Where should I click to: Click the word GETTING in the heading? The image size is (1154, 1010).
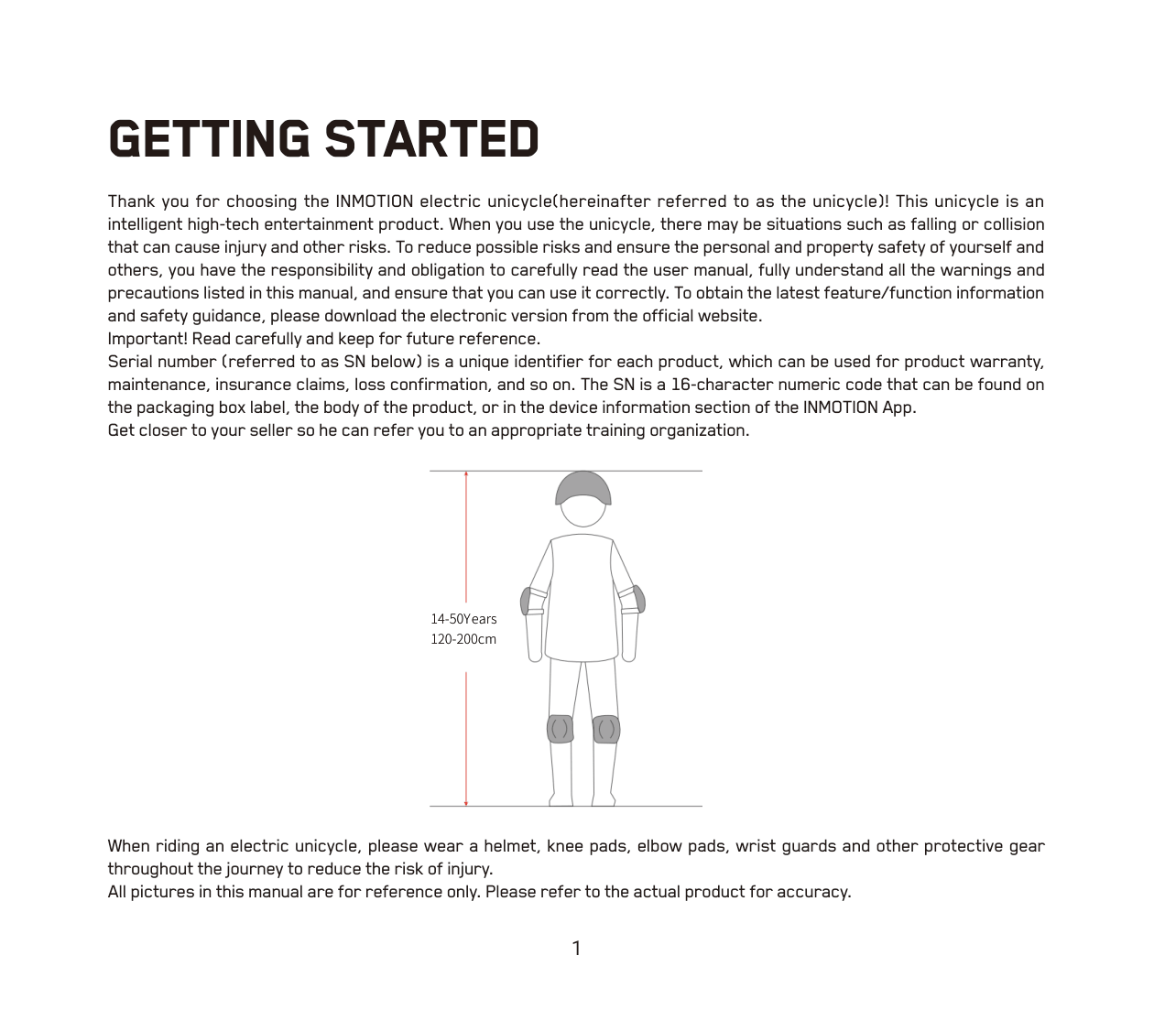tap(209, 139)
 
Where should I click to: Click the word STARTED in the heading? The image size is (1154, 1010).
tap(431, 139)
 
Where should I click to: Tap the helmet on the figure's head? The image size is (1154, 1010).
tap(582, 488)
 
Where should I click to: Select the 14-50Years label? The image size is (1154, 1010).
tap(463, 619)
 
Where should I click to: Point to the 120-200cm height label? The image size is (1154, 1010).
tap(463, 639)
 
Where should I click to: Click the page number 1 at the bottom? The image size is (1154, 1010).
tap(576, 949)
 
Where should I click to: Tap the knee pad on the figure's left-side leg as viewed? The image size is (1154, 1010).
tap(560, 729)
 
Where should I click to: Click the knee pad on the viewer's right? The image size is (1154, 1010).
tap(606, 729)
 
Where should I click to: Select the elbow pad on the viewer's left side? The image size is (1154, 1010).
tap(527, 601)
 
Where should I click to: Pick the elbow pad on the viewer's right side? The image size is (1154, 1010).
tap(638, 599)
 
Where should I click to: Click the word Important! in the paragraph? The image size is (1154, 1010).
tap(147, 339)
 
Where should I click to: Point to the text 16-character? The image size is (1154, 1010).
tap(719, 385)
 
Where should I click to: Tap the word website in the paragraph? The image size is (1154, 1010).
tap(727, 316)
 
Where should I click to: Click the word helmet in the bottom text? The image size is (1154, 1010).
tap(510, 846)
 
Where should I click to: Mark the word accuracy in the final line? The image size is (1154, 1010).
tap(812, 892)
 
